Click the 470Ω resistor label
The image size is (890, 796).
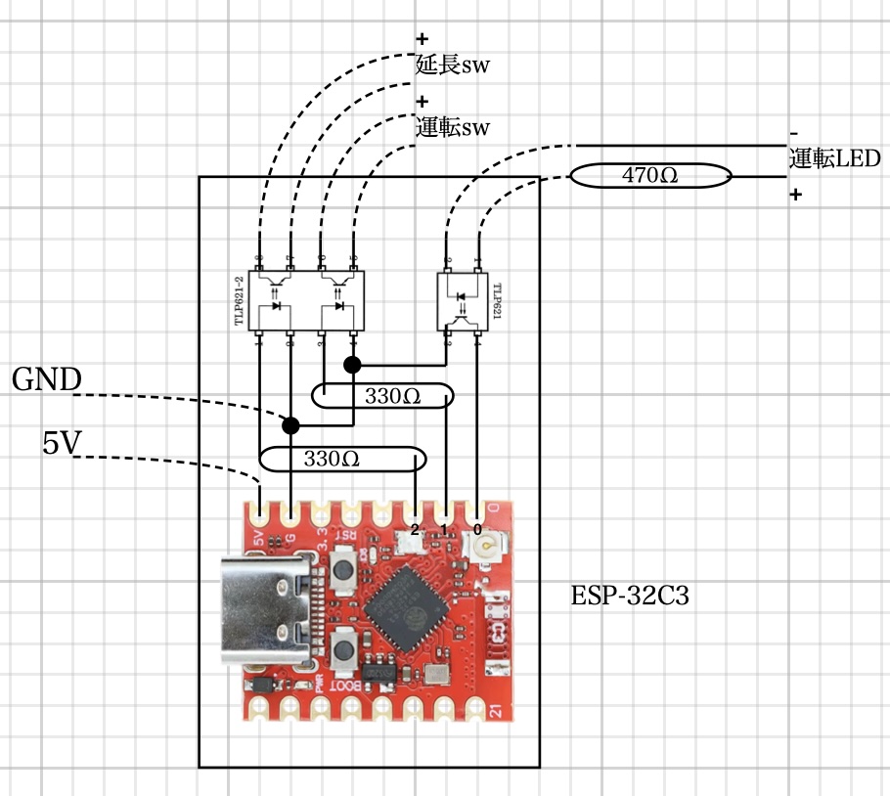tap(650, 176)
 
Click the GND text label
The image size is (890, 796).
tap(45, 380)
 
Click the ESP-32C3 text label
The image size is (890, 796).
tap(630, 596)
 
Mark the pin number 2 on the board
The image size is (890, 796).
tap(415, 529)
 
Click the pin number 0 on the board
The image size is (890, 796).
tap(476, 529)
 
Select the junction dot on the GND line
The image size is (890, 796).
tap(290, 424)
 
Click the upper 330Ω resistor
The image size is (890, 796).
tap(382, 396)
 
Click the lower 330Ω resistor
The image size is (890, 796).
tap(343, 458)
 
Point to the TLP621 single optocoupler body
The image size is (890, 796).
tap(463, 301)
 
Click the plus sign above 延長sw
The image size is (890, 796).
tap(423, 40)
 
